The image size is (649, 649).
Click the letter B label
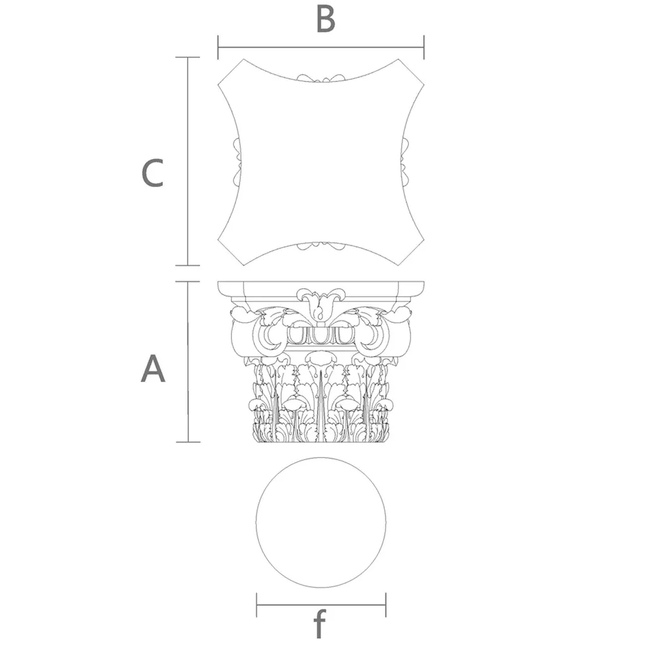click(325, 20)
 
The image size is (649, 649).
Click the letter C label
click(153, 172)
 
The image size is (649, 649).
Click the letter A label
click(153, 368)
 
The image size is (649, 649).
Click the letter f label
click(319, 624)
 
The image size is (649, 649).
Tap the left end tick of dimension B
click(218, 47)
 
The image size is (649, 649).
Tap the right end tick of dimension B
click(424, 47)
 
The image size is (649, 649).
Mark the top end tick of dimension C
click(188, 57)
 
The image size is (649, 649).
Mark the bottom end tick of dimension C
click(188, 266)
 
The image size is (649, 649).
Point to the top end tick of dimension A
click(188, 281)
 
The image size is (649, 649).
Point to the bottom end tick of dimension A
click(188, 442)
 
